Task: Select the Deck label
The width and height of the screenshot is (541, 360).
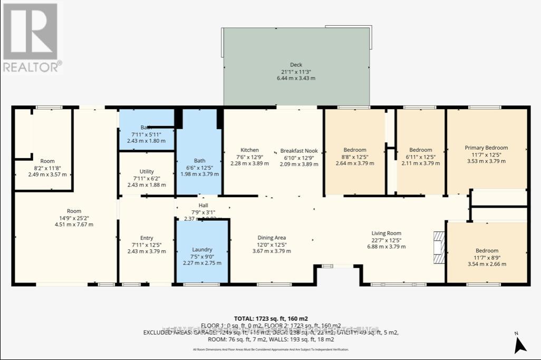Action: click(x=296, y=65)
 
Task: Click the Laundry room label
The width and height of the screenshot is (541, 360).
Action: click(x=202, y=249)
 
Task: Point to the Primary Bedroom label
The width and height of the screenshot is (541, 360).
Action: click(x=486, y=148)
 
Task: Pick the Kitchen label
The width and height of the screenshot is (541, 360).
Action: click(x=249, y=150)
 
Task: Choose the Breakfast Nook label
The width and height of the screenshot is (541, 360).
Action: click(x=300, y=150)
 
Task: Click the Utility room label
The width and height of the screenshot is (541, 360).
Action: click(x=147, y=171)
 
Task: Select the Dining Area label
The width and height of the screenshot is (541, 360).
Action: click(x=272, y=238)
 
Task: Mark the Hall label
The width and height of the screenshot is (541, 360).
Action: click(x=203, y=206)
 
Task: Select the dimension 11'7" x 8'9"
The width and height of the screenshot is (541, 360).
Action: click(x=487, y=257)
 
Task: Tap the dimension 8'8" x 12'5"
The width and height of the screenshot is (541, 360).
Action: click(x=354, y=157)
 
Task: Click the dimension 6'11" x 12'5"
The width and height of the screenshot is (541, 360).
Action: click(x=420, y=157)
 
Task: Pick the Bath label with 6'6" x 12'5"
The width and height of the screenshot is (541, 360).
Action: click(x=199, y=161)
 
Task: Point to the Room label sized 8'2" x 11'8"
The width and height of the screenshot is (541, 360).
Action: click(x=47, y=161)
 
